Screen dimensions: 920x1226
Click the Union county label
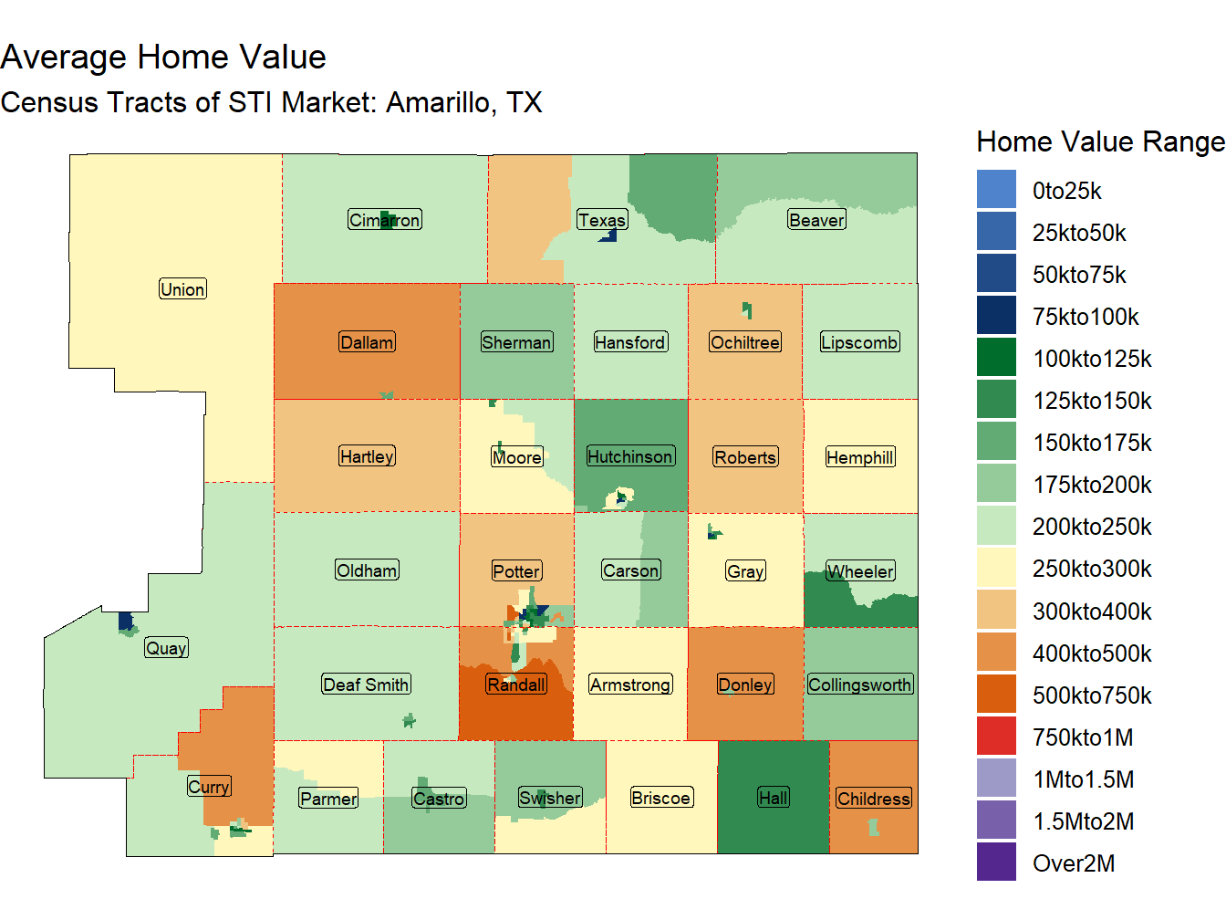(182, 289)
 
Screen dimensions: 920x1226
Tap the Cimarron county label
(385, 220)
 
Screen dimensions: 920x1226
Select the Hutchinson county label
(630, 456)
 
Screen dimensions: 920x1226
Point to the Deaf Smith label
(367, 685)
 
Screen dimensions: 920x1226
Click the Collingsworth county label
(859, 685)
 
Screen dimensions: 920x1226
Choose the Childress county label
(873, 799)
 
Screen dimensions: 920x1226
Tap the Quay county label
(166, 648)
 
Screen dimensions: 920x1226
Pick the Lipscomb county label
(859, 342)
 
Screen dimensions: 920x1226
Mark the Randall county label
(516, 685)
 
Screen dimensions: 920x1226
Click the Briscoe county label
(661, 798)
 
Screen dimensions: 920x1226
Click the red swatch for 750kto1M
(996, 737)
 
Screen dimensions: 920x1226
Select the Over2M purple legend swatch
(996, 862)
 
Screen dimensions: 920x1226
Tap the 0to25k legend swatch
(996, 190)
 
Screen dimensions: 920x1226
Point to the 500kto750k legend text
(1092, 695)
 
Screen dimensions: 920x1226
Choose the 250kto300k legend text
(1092, 569)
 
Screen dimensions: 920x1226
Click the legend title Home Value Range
(1100, 141)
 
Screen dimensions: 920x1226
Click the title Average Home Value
(163, 57)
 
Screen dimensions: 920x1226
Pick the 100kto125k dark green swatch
(996, 358)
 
